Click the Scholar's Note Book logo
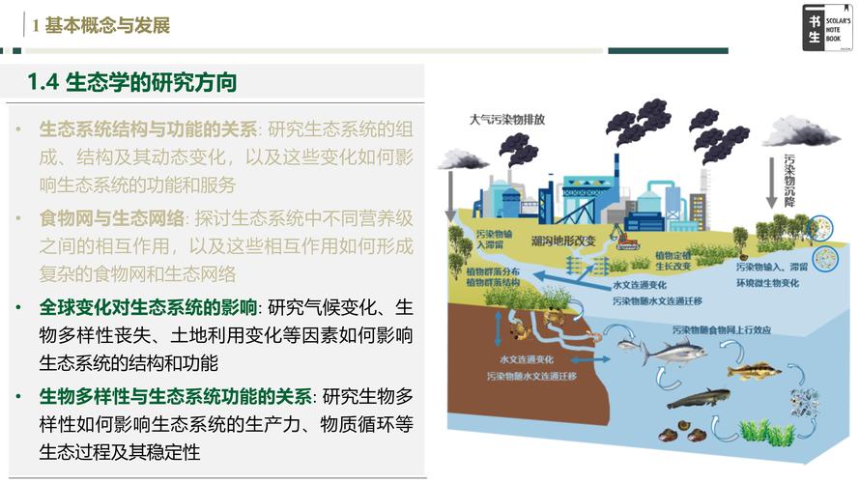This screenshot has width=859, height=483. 827,26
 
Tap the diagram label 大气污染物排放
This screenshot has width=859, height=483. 507,121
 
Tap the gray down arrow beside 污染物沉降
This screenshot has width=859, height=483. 772,188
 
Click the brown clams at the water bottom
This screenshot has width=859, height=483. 681,432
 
